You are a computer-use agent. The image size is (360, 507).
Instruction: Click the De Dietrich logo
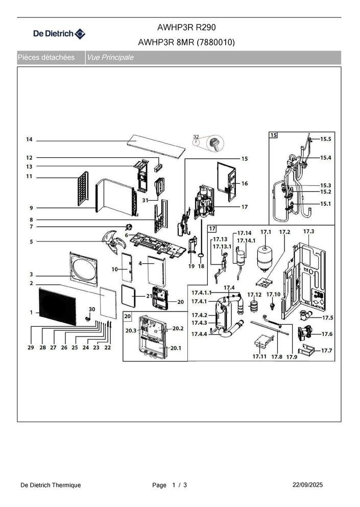tap(59, 34)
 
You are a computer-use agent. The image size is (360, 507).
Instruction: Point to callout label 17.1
tap(266, 232)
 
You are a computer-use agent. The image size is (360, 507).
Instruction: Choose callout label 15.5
tap(325, 139)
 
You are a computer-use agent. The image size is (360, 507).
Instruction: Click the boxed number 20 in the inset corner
tap(127, 316)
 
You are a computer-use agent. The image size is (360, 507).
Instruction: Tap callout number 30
tap(92, 309)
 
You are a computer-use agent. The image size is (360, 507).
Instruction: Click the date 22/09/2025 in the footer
tap(307, 485)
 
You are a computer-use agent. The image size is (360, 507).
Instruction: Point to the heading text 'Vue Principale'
tap(110, 58)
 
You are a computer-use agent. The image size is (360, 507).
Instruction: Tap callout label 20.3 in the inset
tap(131, 330)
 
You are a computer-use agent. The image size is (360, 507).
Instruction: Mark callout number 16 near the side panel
tap(244, 183)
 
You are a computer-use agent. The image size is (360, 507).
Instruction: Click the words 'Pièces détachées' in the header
tap(46, 58)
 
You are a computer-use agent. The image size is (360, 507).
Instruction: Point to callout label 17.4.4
tap(200, 334)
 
